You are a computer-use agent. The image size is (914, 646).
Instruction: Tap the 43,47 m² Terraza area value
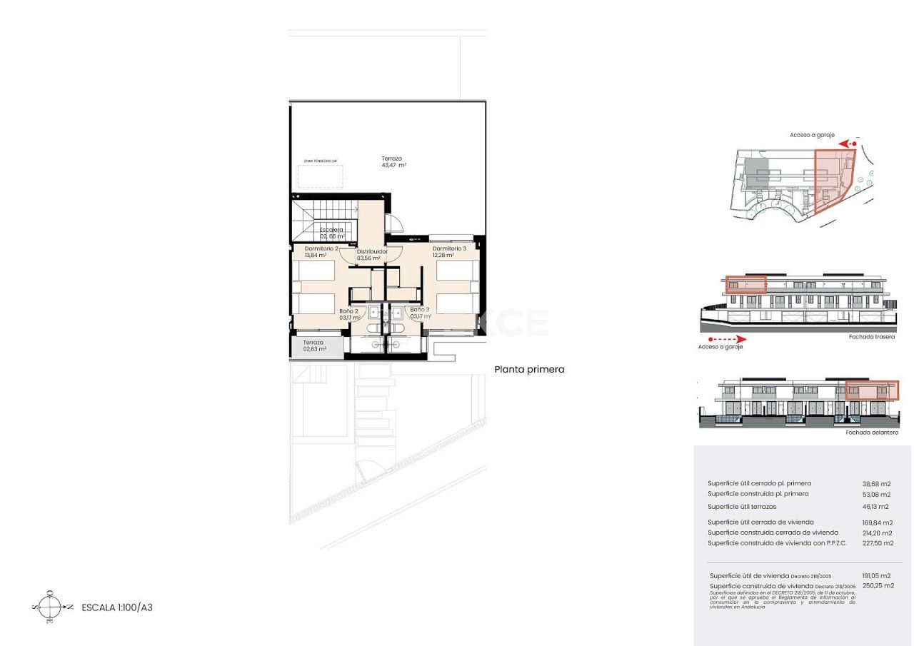[x=393, y=166]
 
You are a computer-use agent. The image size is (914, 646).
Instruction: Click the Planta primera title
[x=529, y=370]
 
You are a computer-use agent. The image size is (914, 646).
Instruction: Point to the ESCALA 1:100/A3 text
[x=117, y=608]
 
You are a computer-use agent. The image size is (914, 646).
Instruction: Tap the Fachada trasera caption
[x=871, y=337]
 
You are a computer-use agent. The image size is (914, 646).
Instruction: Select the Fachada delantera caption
[x=872, y=433]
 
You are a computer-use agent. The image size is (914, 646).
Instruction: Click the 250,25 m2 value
[x=878, y=585]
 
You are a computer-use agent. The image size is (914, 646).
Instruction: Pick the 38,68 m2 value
[x=877, y=483]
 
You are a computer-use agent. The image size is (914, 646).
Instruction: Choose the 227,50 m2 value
[x=878, y=543]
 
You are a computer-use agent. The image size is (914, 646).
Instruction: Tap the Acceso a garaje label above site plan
[x=812, y=135]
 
